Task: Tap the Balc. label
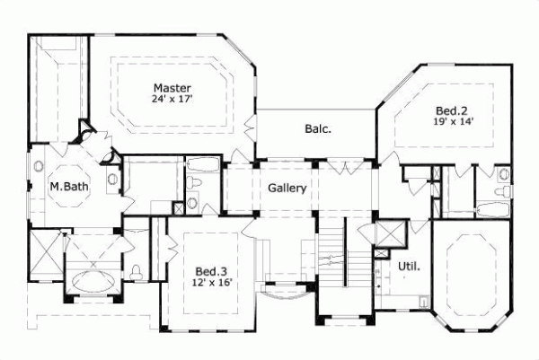click(x=317, y=128)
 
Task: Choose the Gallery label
click(x=287, y=189)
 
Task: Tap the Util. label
click(x=409, y=267)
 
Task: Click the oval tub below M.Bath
click(x=91, y=279)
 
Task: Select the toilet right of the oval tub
click(x=136, y=272)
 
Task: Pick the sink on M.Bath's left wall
click(x=40, y=167)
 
